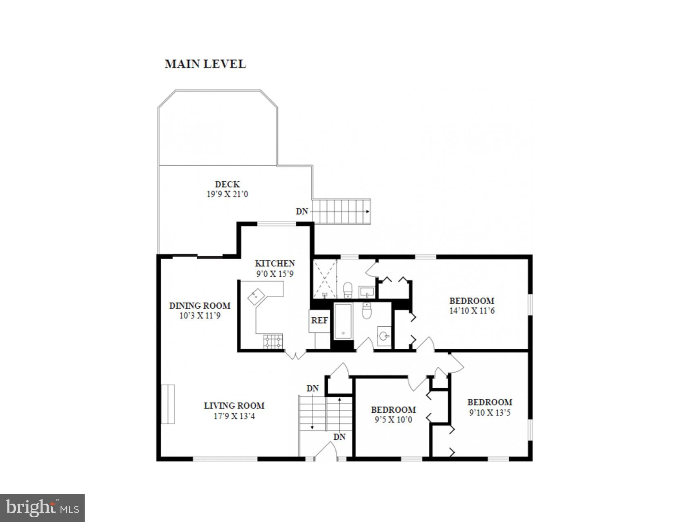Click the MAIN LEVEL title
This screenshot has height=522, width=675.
(205, 64)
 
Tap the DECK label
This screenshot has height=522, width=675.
(227, 184)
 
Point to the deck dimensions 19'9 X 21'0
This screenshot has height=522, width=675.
(227, 194)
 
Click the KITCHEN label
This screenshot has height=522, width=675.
(275, 263)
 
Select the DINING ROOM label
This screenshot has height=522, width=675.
(200, 305)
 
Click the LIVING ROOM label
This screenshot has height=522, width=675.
(234, 405)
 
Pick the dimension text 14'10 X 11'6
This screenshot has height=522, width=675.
(472, 311)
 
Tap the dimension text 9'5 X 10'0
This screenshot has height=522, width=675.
(393, 420)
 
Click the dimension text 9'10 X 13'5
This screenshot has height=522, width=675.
(490, 413)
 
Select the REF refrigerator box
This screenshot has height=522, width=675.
(319, 321)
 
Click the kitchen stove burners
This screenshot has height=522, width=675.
(273, 341)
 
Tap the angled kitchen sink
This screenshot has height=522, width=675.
(256, 296)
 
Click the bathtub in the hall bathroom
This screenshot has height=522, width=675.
(343, 321)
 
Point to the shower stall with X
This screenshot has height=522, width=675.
(325, 279)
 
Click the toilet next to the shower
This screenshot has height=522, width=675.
(348, 290)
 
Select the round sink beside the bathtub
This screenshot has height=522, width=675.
(384, 336)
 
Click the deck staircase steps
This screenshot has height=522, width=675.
(341, 211)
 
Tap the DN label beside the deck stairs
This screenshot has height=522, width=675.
(301, 211)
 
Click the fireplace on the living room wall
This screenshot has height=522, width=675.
(168, 404)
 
